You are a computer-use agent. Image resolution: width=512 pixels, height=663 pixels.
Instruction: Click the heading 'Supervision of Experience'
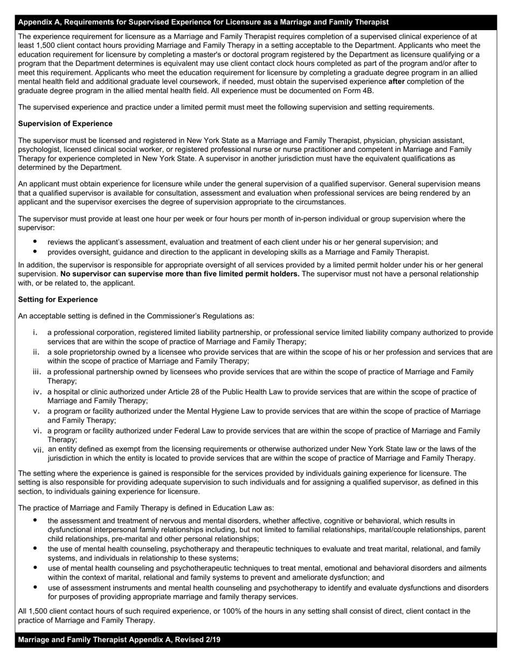[65, 124]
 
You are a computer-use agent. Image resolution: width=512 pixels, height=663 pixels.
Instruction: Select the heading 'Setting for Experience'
[58, 300]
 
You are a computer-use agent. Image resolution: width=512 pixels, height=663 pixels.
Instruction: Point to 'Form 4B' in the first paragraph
[358, 91]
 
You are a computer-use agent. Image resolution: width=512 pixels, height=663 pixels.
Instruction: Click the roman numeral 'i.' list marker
[35, 333]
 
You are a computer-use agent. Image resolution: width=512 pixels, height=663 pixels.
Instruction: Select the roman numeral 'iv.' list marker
[37, 392]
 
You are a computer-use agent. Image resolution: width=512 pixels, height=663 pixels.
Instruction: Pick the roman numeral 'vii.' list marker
[38, 450]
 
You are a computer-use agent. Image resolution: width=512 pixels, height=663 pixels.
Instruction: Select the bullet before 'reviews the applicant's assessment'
[35, 242]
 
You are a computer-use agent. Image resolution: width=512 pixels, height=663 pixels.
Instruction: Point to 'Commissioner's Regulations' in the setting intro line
[185, 316]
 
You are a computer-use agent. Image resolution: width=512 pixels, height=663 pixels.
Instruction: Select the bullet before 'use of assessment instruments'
[35, 588]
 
